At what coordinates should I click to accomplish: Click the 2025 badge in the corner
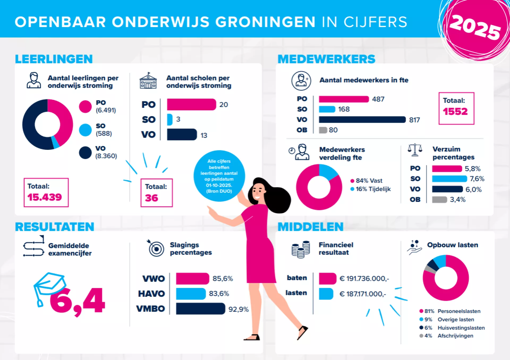click(475, 27)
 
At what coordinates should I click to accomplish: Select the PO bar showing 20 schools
click(191, 104)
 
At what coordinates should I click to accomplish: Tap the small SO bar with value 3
click(169, 120)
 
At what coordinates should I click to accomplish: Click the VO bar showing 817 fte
click(362, 120)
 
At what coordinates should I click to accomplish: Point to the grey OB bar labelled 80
click(323, 130)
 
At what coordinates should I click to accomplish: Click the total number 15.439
click(45, 197)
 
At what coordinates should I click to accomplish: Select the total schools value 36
click(151, 198)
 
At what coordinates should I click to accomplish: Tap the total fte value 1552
click(455, 111)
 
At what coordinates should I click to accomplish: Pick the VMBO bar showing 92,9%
click(201, 309)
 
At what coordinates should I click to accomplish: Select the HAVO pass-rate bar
click(191, 294)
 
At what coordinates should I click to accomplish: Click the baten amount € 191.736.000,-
click(364, 278)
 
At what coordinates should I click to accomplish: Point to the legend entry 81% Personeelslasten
click(450, 311)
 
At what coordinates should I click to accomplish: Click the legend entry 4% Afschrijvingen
click(446, 336)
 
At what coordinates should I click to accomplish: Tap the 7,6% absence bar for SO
click(449, 179)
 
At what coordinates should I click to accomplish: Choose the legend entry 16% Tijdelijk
click(371, 189)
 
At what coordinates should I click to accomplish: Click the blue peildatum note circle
click(219, 176)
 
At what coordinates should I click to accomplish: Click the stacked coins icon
click(301, 249)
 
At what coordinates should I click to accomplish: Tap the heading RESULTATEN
click(54, 227)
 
